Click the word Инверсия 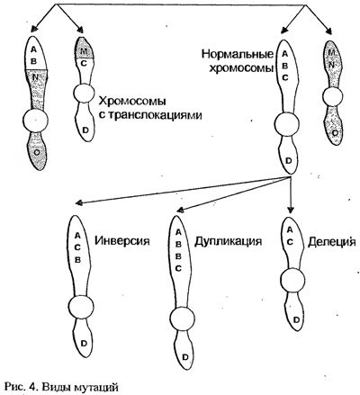[122, 241]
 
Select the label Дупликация [229, 241]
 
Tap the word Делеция [331, 242]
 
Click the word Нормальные [238, 54]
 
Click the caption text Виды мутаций [80, 387]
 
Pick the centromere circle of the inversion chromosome [80, 307]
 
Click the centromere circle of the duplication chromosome [182, 319]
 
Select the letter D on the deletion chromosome [296, 319]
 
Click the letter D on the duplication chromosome [185, 357]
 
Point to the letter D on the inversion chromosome [84, 344]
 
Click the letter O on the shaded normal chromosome [335, 133]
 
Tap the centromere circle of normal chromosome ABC [286, 125]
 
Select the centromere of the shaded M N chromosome [332, 97]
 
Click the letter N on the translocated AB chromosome [36, 76]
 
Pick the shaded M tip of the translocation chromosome [84, 48]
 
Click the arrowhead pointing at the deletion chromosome [290, 210]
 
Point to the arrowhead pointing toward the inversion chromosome [79, 203]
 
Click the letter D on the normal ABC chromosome [289, 161]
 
